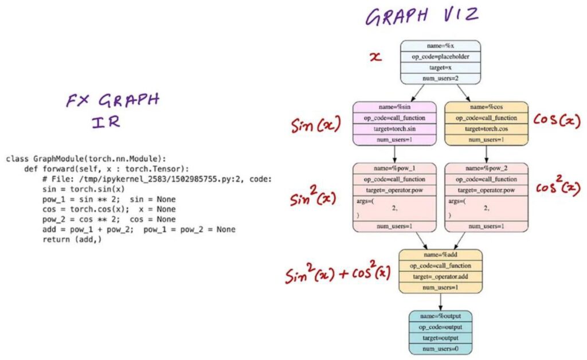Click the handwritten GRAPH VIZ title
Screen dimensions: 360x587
tap(422, 15)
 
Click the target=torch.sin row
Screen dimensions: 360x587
tap(395, 128)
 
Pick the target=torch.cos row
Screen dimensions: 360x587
tap(487, 128)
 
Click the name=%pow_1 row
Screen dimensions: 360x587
tap(395, 169)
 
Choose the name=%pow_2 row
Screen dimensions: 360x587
tap(487, 169)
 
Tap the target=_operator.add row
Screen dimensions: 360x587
tap(440, 276)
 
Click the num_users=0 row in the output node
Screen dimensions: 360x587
tap(440, 349)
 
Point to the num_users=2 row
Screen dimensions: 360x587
tap(440, 78)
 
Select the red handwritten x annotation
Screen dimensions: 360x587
tap(375, 57)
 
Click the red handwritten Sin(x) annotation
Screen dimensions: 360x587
tap(315, 124)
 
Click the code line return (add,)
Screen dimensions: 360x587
tap(71, 239)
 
